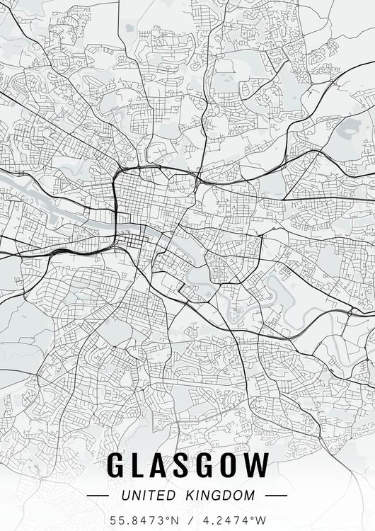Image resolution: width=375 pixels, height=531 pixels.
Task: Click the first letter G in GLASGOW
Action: pyautogui.click(x=117, y=466)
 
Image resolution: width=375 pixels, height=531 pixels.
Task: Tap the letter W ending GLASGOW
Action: pyautogui.click(x=260, y=466)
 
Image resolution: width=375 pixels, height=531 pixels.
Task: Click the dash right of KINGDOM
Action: pyautogui.click(x=276, y=496)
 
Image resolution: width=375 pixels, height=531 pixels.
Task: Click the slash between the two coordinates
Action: pyautogui.click(x=187, y=520)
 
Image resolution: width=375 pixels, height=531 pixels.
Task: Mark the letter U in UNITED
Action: pyautogui.click(x=125, y=496)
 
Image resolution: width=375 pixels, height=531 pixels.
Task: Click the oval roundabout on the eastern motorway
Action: pyautogui.click(x=350, y=312)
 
